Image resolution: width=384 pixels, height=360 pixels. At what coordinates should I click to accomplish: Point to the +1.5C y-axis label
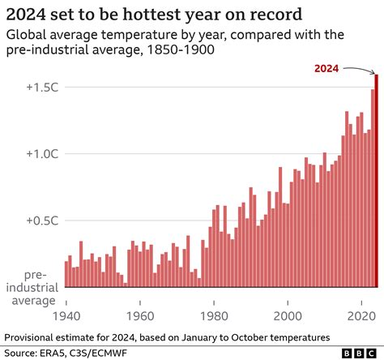[37, 88]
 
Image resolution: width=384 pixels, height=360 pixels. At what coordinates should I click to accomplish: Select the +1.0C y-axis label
[37, 154]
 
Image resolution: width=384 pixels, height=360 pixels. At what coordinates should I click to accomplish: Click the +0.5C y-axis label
[37, 221]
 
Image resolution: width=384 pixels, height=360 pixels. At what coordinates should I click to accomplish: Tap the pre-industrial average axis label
[33, 288]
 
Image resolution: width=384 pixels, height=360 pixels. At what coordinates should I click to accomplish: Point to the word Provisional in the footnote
[33, 336]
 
